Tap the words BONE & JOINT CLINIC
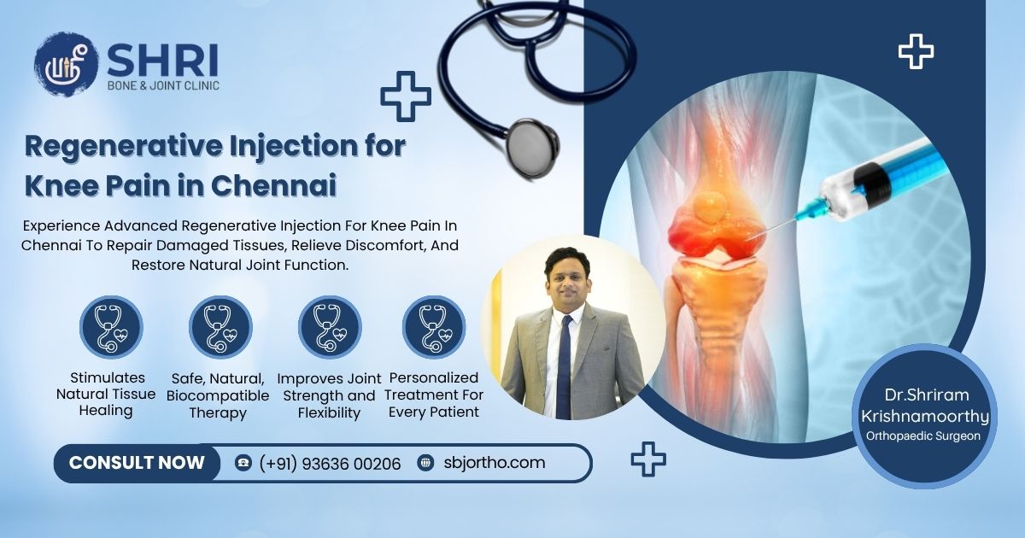pyautogui.click(x=163, y=86)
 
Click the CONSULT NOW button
pyautogui.click(x=137, y=463)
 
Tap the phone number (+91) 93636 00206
pyautogui.click(x=330, y=464)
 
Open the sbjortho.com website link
pyautogui.click(x=495, y=463)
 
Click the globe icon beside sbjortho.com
pyautogui.click(x=425, y=463)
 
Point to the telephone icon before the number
pyautogui.click(x=243, y=463)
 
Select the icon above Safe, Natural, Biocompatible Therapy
pyautogui.click(x=220, y=328)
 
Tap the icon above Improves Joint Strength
pyautogui.click(x=329, y=328)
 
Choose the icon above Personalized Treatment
pyautogui.click(x=433, y=328)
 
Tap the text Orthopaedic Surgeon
pyautogui.click(x=923, y=436)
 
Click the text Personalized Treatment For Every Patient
pyautogui.click(x=433, y=395)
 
